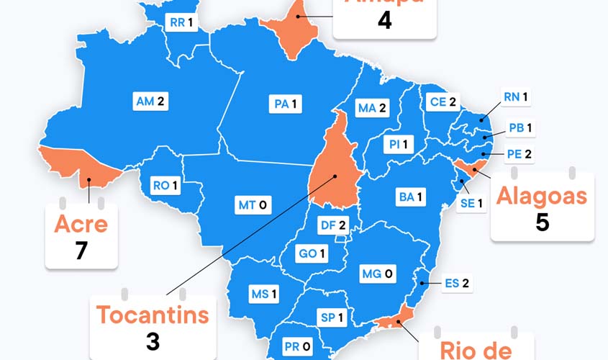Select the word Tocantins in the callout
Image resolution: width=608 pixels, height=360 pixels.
click(x=153, y=314)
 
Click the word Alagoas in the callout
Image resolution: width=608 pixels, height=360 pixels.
click(x=542, y=196)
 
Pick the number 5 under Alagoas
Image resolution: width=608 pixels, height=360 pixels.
click(x=542, y=222)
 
